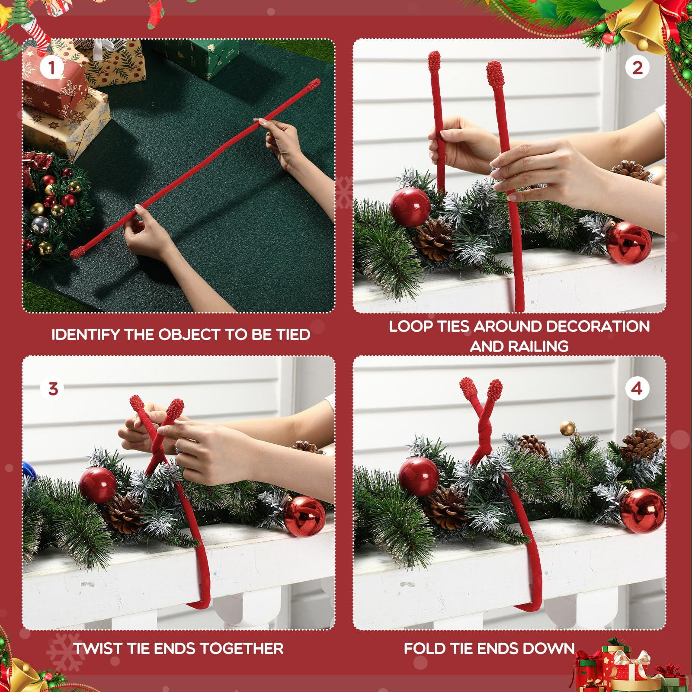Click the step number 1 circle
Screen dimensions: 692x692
51,68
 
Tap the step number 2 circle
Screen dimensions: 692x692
637,68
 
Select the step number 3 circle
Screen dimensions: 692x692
53,388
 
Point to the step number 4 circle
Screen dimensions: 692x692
636,388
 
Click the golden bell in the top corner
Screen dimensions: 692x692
640,26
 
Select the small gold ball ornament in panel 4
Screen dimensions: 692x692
567,429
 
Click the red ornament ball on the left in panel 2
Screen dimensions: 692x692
410,206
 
